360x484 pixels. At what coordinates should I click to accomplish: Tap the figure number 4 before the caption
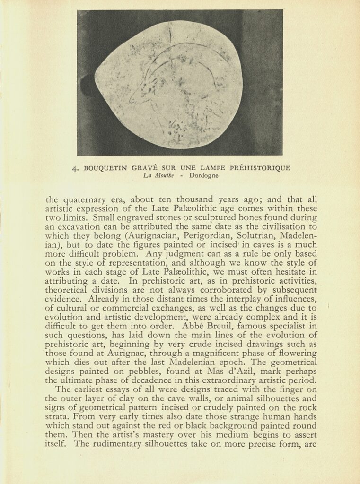tap(75, 168)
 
